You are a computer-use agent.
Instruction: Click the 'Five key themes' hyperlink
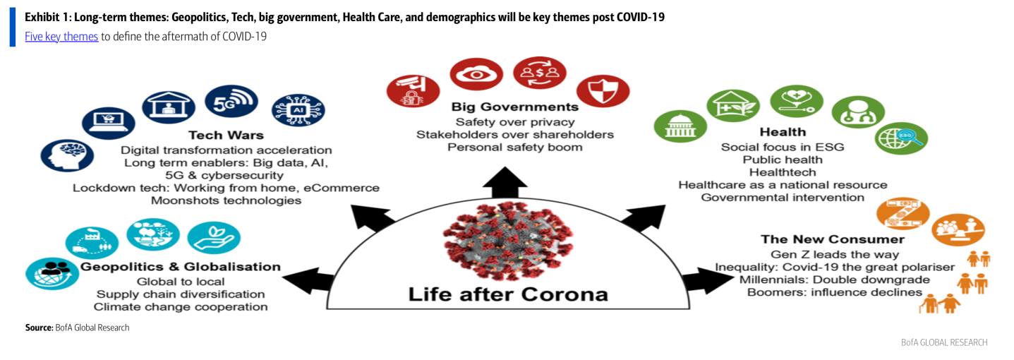click(x=61, y=37)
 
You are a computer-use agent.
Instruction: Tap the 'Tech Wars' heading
click(x=226, y=135)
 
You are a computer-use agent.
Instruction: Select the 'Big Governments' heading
click(x=515, y=107)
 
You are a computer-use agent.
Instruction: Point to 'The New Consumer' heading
click(x=832, y=239)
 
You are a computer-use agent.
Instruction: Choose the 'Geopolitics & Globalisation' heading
click(x=181, y=267)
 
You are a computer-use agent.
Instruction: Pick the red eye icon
click(x=476, y=74)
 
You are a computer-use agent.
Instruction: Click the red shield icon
click(x=603, y=92)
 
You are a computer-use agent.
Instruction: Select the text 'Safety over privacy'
click(x=515, y=121)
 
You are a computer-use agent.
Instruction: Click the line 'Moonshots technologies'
click(x=226, y=201)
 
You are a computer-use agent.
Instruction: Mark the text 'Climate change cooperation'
click(x=181, y=307)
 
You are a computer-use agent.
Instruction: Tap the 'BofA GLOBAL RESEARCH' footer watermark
click(x=943, y=342)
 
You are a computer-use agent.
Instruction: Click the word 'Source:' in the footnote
click(x=39, y=328)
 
